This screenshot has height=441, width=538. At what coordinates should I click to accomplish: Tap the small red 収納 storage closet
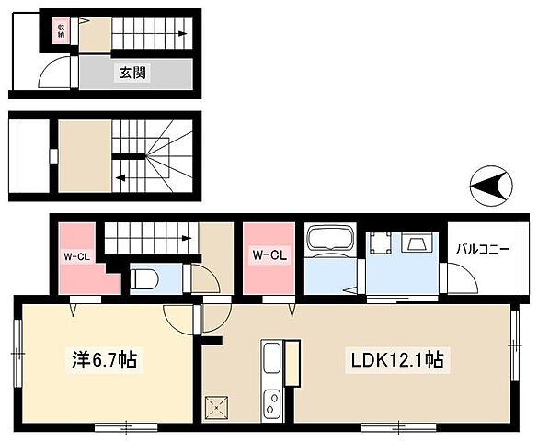[61, 32]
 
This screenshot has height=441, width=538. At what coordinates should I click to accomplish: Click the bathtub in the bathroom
[329, 242]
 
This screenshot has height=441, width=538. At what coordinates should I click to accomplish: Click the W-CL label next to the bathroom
[269, 255]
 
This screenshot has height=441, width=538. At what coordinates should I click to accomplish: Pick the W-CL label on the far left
[74, 256]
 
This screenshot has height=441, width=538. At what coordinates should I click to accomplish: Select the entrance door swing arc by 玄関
[57, 72]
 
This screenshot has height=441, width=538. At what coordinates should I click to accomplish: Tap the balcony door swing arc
[452, 278]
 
